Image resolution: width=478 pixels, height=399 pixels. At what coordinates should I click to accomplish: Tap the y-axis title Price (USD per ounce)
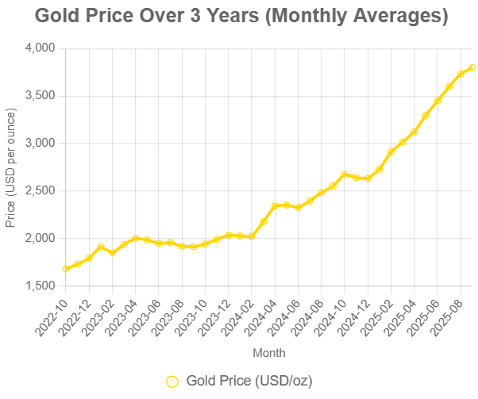point(10,167)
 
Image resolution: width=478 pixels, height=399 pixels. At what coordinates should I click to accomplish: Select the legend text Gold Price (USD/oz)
point(249,381)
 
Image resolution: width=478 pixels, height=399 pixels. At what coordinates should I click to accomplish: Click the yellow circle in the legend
point(172,381)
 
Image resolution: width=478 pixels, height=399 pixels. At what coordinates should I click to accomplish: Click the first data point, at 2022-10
point(65,269)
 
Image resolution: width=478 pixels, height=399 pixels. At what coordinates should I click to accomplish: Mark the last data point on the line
point(472,67)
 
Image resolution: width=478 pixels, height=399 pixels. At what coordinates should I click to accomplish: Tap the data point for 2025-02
point(391,152)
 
